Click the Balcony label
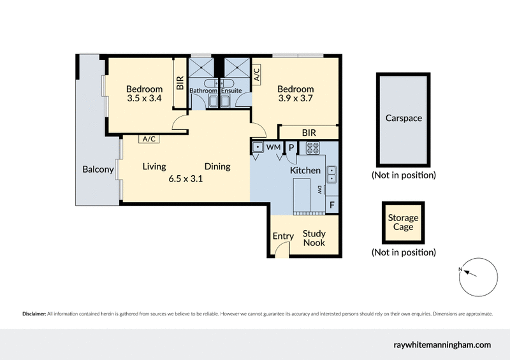click(x=98, y=169)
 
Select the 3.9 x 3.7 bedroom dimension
click(x=296, y=99)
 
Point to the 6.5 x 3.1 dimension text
click(x=185, y=179)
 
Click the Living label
click(x=154, y=167)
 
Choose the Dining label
click(x=217, y=167)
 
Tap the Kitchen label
click(x=305, y=171)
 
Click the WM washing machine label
click(x=273, y=148)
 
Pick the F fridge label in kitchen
click(x=331, y=205)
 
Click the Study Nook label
click(x=314, y=238)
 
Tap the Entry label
click(x=283, y=236)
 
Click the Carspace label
click(x=404, y=119)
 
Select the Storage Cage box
click(x=404, y=222)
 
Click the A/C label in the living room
click(x=149, y=139)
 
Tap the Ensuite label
click(x=231, y=91)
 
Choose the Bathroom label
click(x=203, y=91)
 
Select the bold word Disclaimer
click(x=34, y=314)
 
